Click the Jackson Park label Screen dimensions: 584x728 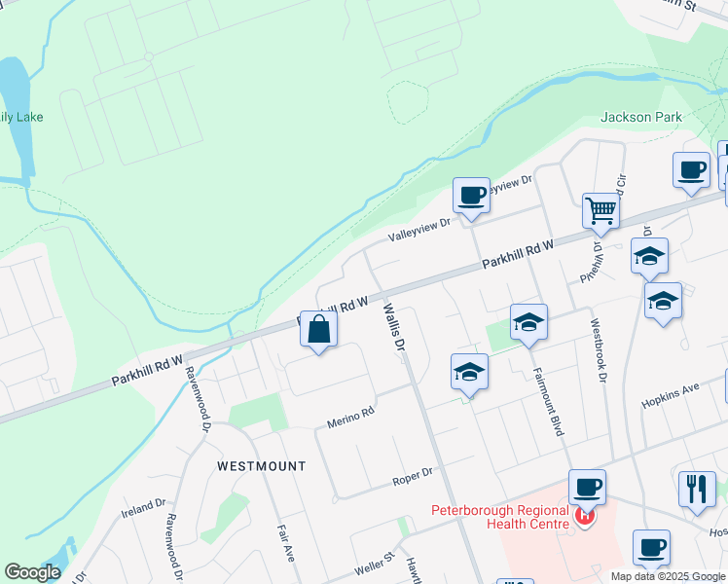(641, 118)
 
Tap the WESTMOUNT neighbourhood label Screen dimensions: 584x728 (261, 466)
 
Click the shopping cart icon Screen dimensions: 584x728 (601, 208)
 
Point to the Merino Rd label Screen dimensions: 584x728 (350, 417)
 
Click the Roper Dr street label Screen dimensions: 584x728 (412, 476)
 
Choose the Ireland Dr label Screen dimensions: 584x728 (143, 508)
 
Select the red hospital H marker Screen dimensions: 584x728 (584, 516)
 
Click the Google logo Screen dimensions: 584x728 (33, 572)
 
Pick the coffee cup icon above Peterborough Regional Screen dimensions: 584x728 (587, 486)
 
